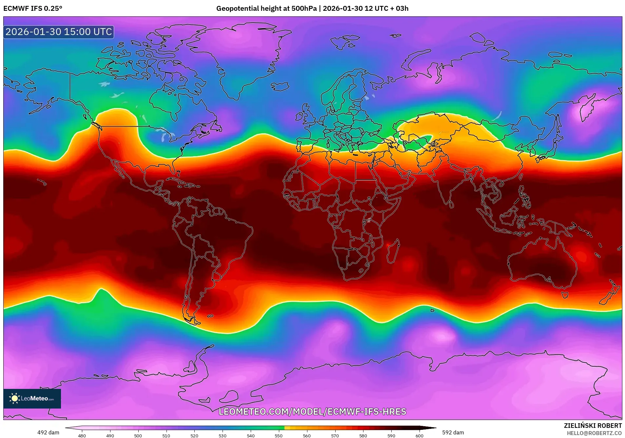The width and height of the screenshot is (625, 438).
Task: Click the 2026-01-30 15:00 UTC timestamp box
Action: coord(59,32)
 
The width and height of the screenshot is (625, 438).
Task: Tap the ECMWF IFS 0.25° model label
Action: coord(33,9)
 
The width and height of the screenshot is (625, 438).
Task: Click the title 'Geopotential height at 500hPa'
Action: coord(266,9)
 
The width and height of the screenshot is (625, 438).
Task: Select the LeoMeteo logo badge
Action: coord(32,398)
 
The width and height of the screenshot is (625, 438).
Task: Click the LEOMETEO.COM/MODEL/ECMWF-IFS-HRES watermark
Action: coord(312,411)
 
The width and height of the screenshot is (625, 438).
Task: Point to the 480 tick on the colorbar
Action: coord(82,435)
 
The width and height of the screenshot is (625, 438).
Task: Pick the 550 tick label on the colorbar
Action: coord(279,435)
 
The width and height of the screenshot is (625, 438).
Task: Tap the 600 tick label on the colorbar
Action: coord(419,435)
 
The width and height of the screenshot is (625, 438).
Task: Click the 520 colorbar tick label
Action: coord(194,435)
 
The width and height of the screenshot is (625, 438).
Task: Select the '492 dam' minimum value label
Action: coord(48,432)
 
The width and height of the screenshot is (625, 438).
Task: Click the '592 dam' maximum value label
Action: coord(453,432)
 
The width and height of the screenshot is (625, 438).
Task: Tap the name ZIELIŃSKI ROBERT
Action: coord(593,426)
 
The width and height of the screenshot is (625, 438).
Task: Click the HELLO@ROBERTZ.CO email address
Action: coord(594,433)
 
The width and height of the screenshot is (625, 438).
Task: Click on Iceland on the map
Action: coord(280,87)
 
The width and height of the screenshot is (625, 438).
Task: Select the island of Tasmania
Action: coord(565,295)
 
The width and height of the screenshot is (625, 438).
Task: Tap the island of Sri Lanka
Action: coord(451,205)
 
